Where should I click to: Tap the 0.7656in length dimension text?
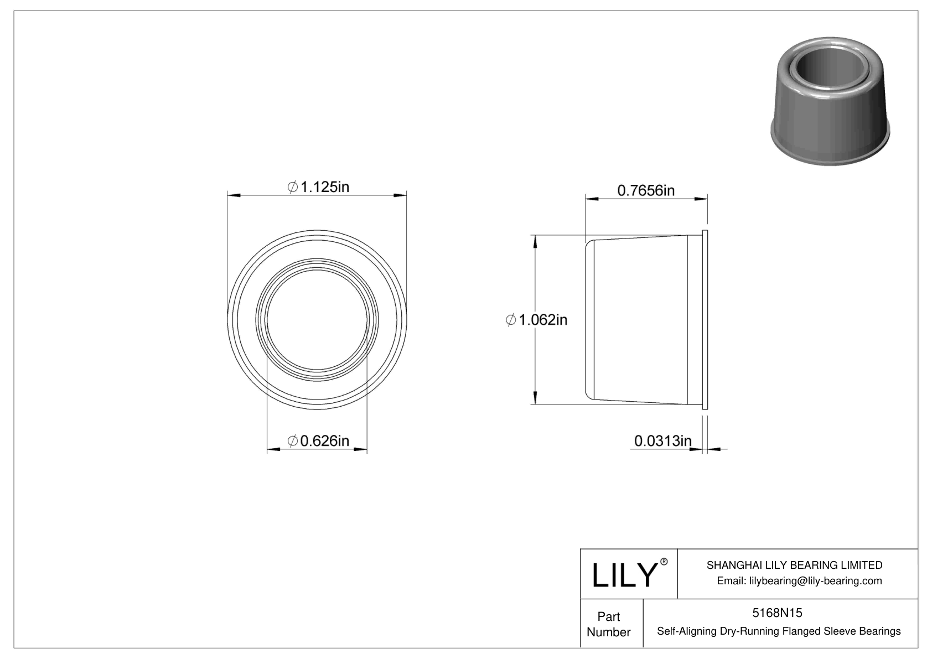click(646, 191)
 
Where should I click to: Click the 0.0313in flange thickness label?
click(662, 441)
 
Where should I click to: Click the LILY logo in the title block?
click(624, 575)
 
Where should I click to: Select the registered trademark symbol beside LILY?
click(664, 562)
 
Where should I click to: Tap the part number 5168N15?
click(777, 613)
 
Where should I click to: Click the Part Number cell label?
click(608, 624)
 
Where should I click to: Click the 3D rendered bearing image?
click(830, 105)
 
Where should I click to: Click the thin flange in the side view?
click(705, 320)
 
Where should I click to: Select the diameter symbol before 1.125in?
click(293, 188)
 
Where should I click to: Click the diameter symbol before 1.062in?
click(511, 320)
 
